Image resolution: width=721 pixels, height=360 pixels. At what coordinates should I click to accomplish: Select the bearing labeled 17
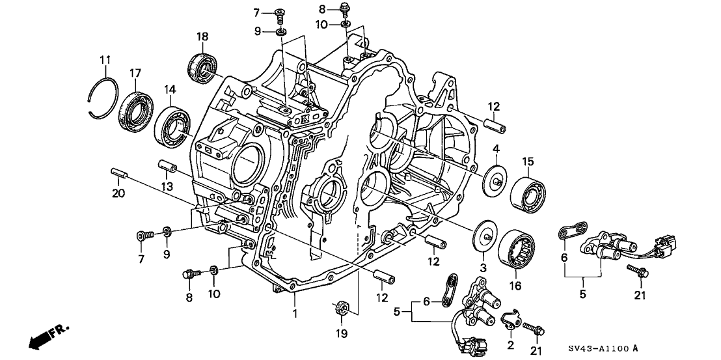pos(136,108)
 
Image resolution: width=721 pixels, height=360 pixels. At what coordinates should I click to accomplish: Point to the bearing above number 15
pos(527,192)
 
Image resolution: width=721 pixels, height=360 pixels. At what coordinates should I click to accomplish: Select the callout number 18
pos(202,35)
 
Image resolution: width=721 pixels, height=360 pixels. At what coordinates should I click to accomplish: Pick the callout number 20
pos(117,193)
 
